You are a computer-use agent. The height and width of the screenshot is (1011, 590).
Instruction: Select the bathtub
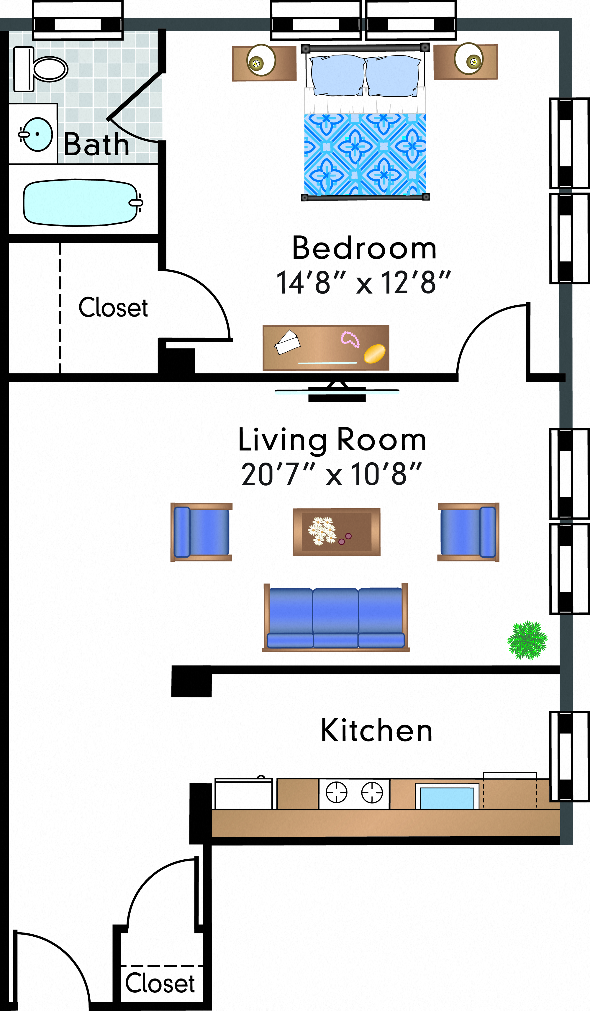click(x=80, y=203)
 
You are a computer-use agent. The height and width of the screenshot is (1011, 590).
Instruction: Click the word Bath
click(x=96, y=145)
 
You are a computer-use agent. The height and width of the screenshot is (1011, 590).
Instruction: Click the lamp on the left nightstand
click(x=261, y=60)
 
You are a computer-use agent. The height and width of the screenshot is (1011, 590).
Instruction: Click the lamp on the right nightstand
click(x=468, y=59)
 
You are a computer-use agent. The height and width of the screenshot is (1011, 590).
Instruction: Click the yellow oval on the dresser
click(x=374, y=353)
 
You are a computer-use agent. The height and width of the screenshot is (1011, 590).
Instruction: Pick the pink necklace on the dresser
click(x=350, y=339)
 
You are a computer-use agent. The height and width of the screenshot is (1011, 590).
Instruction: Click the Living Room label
click(x=332, y=440)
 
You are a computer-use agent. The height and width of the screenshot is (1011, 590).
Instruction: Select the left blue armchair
click(x=201, y=532)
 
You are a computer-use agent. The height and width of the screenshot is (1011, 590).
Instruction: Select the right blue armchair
click(x=468, y=532)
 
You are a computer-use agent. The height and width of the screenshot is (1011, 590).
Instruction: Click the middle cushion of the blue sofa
click(x=335, y=618)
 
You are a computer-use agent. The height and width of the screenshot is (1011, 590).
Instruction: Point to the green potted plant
click(x=527, y=640)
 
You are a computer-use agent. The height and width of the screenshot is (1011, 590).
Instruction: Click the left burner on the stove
click(x=336, y=793)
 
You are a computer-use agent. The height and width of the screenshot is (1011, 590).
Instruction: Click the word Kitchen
click(x=377, y=730)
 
